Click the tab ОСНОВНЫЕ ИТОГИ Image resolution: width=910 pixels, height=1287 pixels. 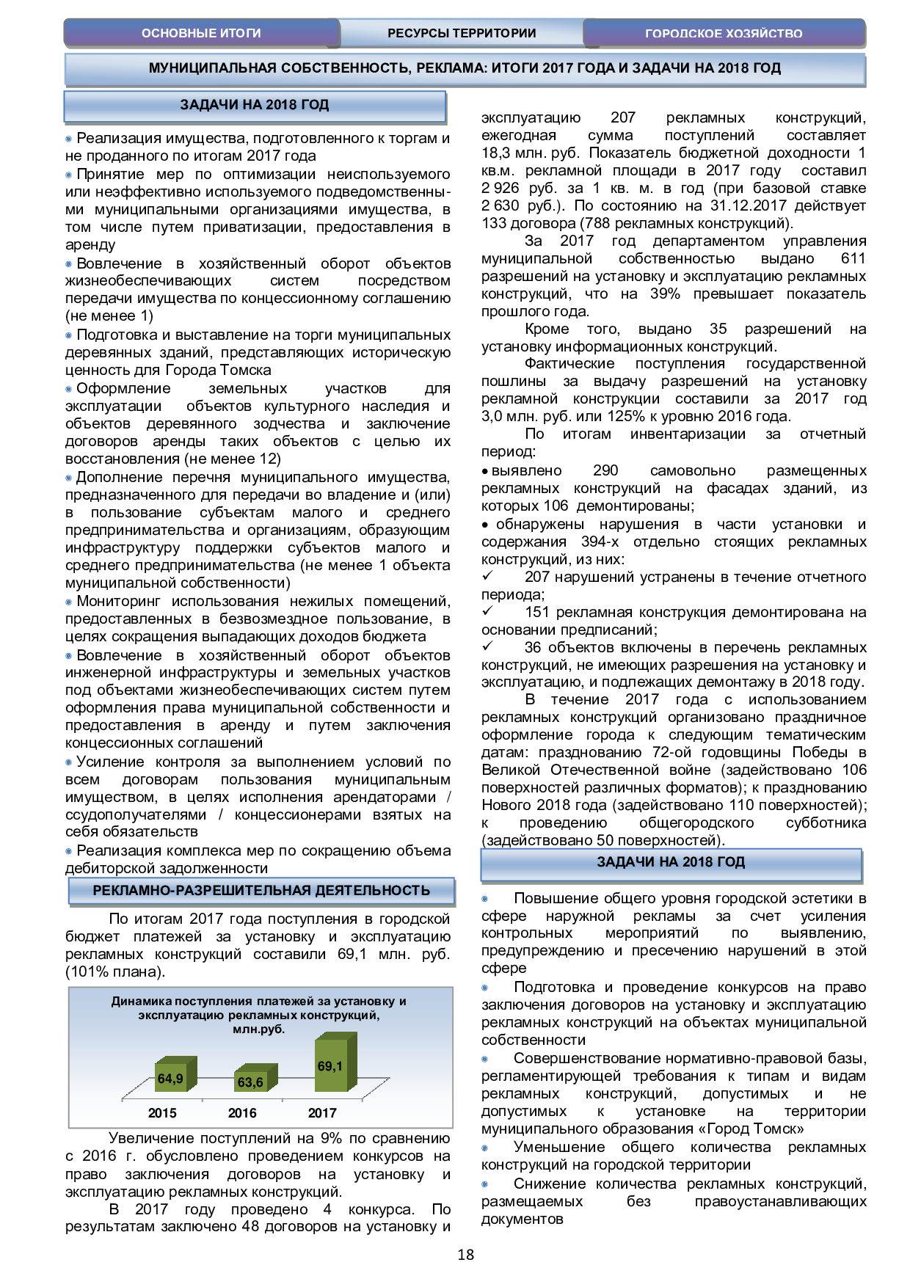201,33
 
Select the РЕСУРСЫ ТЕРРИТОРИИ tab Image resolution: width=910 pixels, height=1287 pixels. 462,33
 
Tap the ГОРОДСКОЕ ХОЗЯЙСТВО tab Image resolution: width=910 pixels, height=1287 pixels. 724,33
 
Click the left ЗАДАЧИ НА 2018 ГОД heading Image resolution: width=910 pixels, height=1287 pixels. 254,105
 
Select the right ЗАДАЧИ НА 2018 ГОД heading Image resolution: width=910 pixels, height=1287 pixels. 671,862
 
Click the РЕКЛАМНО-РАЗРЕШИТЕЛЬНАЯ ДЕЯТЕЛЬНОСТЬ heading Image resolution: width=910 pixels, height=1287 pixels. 261,891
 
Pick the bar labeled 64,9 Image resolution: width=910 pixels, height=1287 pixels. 171,1078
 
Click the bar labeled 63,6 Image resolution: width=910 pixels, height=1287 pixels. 251,1082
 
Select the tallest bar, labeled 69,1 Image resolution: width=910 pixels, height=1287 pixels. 331,1065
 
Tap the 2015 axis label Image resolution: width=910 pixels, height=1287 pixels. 162,1113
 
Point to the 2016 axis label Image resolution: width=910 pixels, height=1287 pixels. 242,1113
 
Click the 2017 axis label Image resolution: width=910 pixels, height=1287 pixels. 322,1113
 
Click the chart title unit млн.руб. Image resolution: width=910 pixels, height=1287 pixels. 258,1029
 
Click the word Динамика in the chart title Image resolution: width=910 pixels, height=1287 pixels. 141,1002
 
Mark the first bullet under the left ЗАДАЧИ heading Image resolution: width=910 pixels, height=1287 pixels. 69,139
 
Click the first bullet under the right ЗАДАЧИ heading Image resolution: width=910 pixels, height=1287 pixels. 484,899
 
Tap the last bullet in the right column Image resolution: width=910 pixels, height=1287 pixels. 484,1184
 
